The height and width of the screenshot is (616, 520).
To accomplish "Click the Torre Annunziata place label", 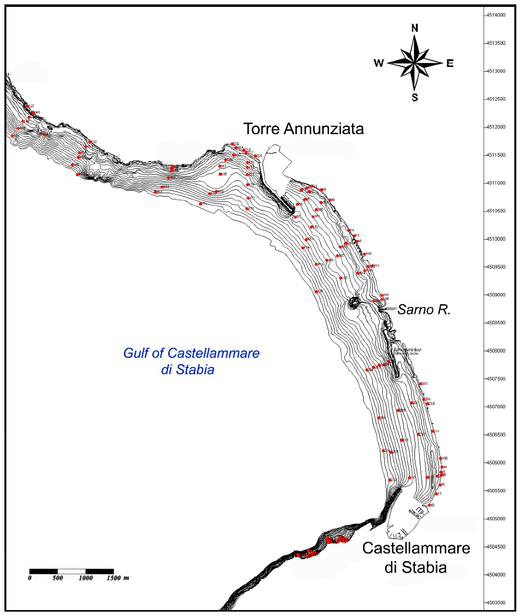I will (303, 129).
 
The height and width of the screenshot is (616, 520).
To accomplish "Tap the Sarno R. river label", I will (424, 310).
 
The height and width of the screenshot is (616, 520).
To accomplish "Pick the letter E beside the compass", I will (450, 63).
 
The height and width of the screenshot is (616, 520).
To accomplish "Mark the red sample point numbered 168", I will (220, 174).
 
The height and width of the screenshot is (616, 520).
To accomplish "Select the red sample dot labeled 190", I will (364, 254).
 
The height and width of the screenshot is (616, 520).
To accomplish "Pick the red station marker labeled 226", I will (255, 156).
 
